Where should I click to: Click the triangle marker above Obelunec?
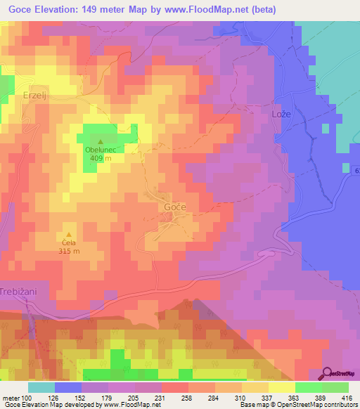pyautogui.click(x=100, y=141)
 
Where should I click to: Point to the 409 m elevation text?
pyautogui.click(x=101, y=158)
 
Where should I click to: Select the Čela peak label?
pyautogui.click(x=69, y=242)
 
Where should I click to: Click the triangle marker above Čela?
pyautogui.click(x=69, y=234)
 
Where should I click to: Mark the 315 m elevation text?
pyautogui.click(x=69, y=251)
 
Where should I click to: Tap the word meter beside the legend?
pyautogui.click(x=12, y=398)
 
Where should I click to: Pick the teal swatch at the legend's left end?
pyautogui.click(x=41, y=387)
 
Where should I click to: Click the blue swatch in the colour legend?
pyautogui.click(x=68, y=387)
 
